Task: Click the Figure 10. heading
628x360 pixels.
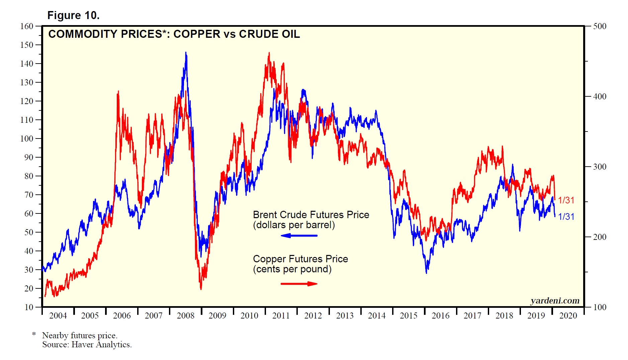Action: click(x=73, y=15)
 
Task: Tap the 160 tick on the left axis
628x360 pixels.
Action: click(x=27, y=26)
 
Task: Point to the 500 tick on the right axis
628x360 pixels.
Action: click(x=600, y=26)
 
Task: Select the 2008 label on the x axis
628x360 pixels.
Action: click(x=185, y=316)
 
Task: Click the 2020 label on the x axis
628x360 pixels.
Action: click(x=568, y=316)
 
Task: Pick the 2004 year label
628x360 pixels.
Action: click(x=58, y=316)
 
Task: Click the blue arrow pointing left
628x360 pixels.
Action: click(x=299, y=236)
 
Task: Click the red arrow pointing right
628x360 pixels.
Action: click(x=299, y=284)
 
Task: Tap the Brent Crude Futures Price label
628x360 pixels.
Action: click(x=311, y=215)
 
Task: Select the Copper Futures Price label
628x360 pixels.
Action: click(x=300, y=259)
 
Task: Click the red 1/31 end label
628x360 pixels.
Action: click(x=566, y=200)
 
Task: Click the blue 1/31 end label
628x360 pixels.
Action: click(x=566, y=217)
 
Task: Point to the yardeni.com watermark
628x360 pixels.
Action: click(x=555, y=300)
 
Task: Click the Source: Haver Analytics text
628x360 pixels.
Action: click(x=87, y=345)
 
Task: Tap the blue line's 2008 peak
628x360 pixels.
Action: click(x=186, y=53)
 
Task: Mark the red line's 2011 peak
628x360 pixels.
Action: click(x=269, y=53)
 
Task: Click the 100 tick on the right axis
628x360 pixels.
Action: click(x=600, y=307)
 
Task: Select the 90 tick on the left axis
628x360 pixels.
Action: click(x=29, y=157)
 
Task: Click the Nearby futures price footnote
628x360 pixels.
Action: click(x=80, y=335)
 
